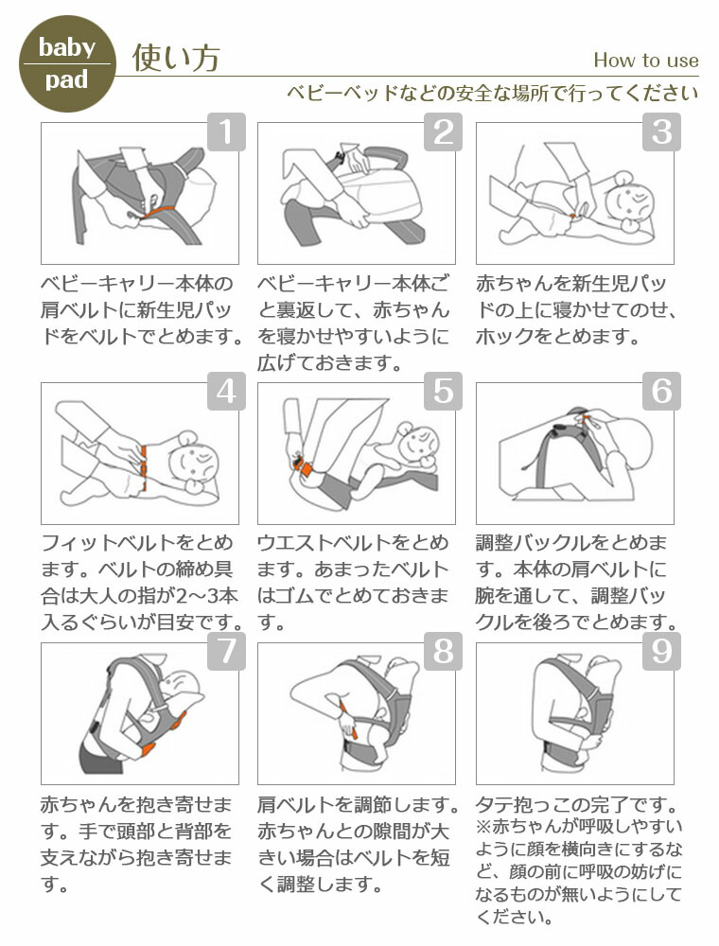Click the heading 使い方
[x=176, y=59]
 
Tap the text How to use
[x=645, y=61]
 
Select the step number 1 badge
[x=226, y=131]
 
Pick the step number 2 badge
[x=443, y=131]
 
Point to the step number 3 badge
[x=661, y=131]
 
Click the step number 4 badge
[x=226, y=391]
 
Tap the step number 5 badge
[x=443, y=391]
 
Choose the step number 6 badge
[x=661, y=391]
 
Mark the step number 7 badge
[x=226, y=651]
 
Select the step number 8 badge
[x=443, y=651]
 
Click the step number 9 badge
[x=661, y=651]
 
